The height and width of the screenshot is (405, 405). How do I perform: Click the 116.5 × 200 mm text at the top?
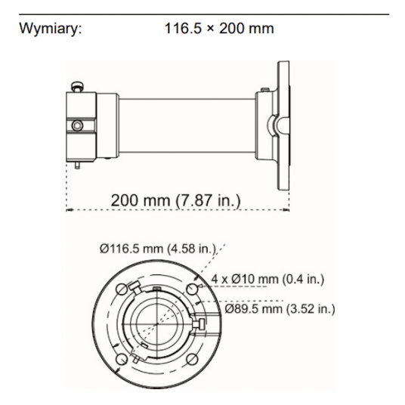click(219, 29)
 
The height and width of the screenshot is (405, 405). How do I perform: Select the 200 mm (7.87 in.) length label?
click(175, 201)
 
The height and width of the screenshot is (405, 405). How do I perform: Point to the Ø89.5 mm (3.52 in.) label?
click(280, 309)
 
